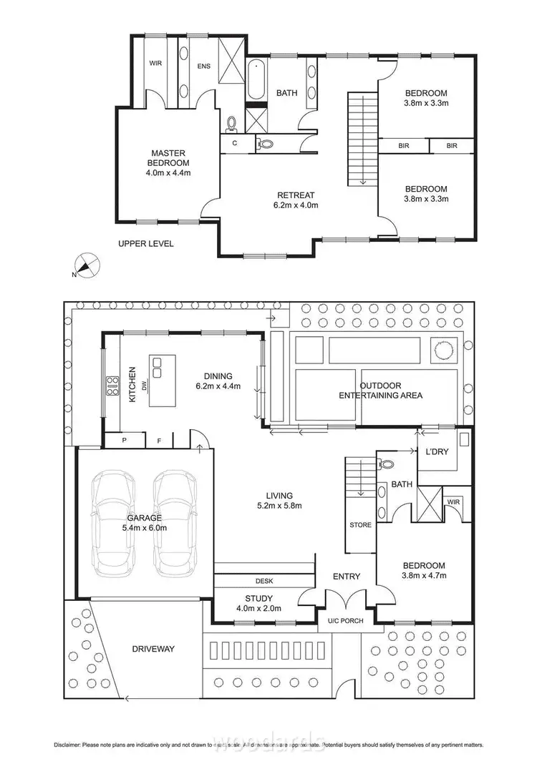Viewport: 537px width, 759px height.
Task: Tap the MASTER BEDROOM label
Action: coord(168,162)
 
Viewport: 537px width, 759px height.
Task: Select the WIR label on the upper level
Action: coord(155,64)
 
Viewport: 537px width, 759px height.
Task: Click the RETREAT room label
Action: coord(296,200)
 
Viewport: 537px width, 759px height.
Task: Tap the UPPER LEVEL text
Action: coord(146,244)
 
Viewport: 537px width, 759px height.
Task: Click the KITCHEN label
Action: coord(132,384)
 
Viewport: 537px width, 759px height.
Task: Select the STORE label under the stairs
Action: coord(360,525)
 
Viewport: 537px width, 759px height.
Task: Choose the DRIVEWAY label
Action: coord(153,649)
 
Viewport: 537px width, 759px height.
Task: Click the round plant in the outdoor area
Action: coord(442,350)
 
